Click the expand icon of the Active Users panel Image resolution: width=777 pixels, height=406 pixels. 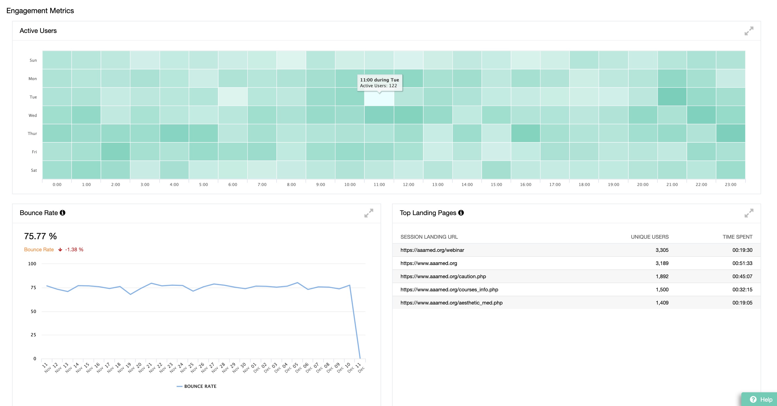(749, 31)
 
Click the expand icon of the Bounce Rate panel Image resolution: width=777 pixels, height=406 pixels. (368, 213)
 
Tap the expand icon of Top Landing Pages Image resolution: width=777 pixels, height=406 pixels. (749, 213)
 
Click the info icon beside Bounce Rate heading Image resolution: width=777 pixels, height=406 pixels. (63, 213)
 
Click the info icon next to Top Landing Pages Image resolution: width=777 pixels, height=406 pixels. (461, 213)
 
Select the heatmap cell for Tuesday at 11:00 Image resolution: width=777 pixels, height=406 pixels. (379, 97)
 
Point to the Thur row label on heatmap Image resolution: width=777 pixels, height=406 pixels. (32, 133)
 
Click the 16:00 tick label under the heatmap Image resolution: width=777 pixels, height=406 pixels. (525, 184)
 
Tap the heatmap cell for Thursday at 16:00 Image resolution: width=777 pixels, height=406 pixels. (525, 133)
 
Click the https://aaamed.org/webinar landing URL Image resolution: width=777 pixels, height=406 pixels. (432, 250)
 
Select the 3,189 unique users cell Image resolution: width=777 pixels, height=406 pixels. (662, 263)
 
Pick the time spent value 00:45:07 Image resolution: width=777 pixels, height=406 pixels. (742, 276)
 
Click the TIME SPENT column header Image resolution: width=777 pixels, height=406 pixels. (737, 237)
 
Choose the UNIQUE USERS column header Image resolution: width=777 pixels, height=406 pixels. (650, 237)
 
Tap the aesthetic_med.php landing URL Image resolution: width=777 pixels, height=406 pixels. (451, 303)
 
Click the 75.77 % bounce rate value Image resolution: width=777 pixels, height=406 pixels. (40, 236)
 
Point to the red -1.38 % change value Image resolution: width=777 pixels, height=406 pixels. (74, 250)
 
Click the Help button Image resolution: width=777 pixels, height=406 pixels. (761, 399)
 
